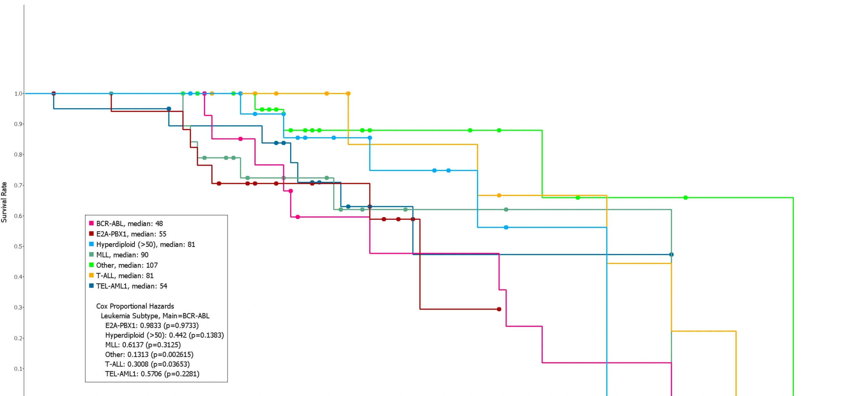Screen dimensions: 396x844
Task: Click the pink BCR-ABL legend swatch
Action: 91,223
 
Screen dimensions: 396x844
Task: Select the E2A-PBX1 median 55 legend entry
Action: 131,234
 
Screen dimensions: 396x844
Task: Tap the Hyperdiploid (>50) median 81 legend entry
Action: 145,245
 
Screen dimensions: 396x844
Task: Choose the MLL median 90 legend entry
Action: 122,255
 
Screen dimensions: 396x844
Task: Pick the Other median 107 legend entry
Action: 127,265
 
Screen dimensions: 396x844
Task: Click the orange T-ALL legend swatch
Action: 91,275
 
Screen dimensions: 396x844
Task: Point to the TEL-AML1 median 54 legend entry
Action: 131,286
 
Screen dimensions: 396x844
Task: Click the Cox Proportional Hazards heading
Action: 135,306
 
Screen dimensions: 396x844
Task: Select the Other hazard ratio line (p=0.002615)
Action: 149,354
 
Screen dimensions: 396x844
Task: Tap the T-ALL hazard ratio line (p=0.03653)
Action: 147,364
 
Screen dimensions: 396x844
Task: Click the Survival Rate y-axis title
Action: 4,202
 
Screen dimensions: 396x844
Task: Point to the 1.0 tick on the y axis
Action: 18,94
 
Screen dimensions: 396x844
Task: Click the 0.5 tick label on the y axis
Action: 18,247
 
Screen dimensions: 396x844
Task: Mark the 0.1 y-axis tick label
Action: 18,369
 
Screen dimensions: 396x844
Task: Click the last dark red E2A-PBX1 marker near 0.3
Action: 499,309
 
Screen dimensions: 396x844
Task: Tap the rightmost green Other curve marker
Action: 685,198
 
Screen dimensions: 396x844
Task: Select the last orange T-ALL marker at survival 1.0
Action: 348,94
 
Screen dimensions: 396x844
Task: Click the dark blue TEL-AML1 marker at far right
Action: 671,254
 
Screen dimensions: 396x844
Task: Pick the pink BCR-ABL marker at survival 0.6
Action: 298,217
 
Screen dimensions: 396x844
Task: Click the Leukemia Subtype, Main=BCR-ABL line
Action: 155,316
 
